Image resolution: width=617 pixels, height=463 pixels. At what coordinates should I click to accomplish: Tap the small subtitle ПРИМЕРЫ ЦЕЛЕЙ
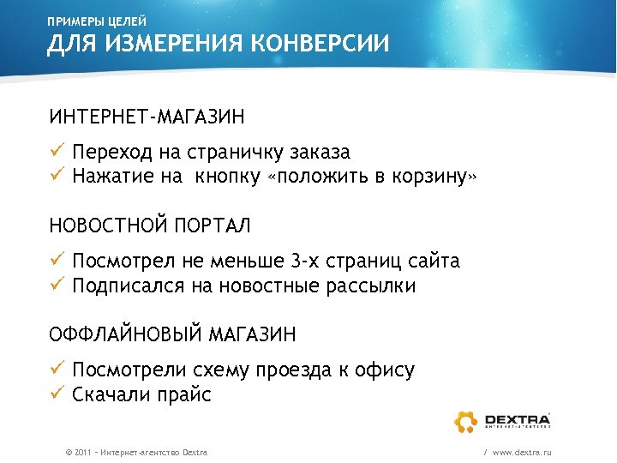click(97, 20)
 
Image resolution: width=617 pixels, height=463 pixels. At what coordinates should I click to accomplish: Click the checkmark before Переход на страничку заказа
click(56, 152)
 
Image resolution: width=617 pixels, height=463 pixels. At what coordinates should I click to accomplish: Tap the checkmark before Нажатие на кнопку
click(56, 176)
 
